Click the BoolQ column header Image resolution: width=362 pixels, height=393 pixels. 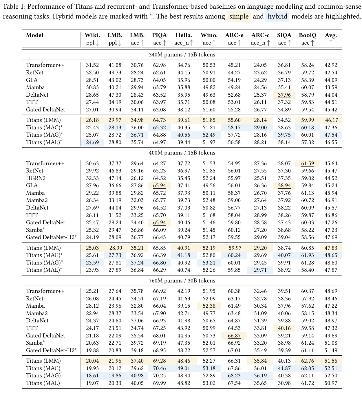pos(307,35)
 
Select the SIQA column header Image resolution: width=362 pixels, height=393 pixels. pos(284,35)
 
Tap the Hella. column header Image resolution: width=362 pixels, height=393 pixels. pos(184,35)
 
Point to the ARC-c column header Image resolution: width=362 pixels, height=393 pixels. pos(260,35)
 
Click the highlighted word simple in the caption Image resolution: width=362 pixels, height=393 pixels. pos(239,16)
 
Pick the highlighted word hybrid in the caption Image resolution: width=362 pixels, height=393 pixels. pos(277,16)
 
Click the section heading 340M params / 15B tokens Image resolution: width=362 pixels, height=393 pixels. pos(182,54)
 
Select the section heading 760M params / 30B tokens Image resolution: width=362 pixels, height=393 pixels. pos(182,280)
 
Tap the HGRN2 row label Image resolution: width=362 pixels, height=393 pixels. pos(36,178)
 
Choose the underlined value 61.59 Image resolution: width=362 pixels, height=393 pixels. pos(307,164)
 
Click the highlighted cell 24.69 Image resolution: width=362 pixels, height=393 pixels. pos(92,142)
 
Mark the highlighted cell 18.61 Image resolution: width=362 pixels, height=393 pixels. pos(92,376)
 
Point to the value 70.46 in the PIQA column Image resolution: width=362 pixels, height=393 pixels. pos(159,368)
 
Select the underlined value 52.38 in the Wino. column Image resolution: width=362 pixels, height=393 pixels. pos(209,306)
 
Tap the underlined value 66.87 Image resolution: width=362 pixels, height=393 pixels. pos(234,336)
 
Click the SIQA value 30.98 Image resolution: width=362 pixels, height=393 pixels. pos(284,383)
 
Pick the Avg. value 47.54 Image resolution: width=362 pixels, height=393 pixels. pos(331,135)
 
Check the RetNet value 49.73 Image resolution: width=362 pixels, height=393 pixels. pos(115,73)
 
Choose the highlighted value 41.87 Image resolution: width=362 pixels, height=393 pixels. pos(284,368)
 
